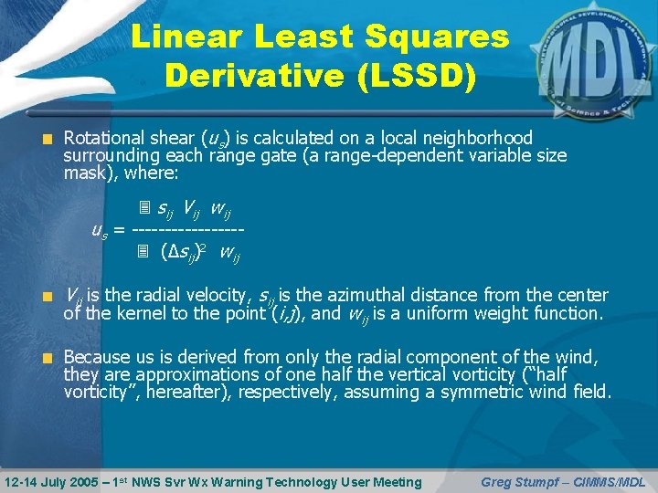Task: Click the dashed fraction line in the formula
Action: [188, 228]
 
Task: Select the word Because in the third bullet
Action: [97, 357]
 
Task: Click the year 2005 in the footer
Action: [86, 481]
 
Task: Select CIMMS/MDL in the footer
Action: [614, 481]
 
